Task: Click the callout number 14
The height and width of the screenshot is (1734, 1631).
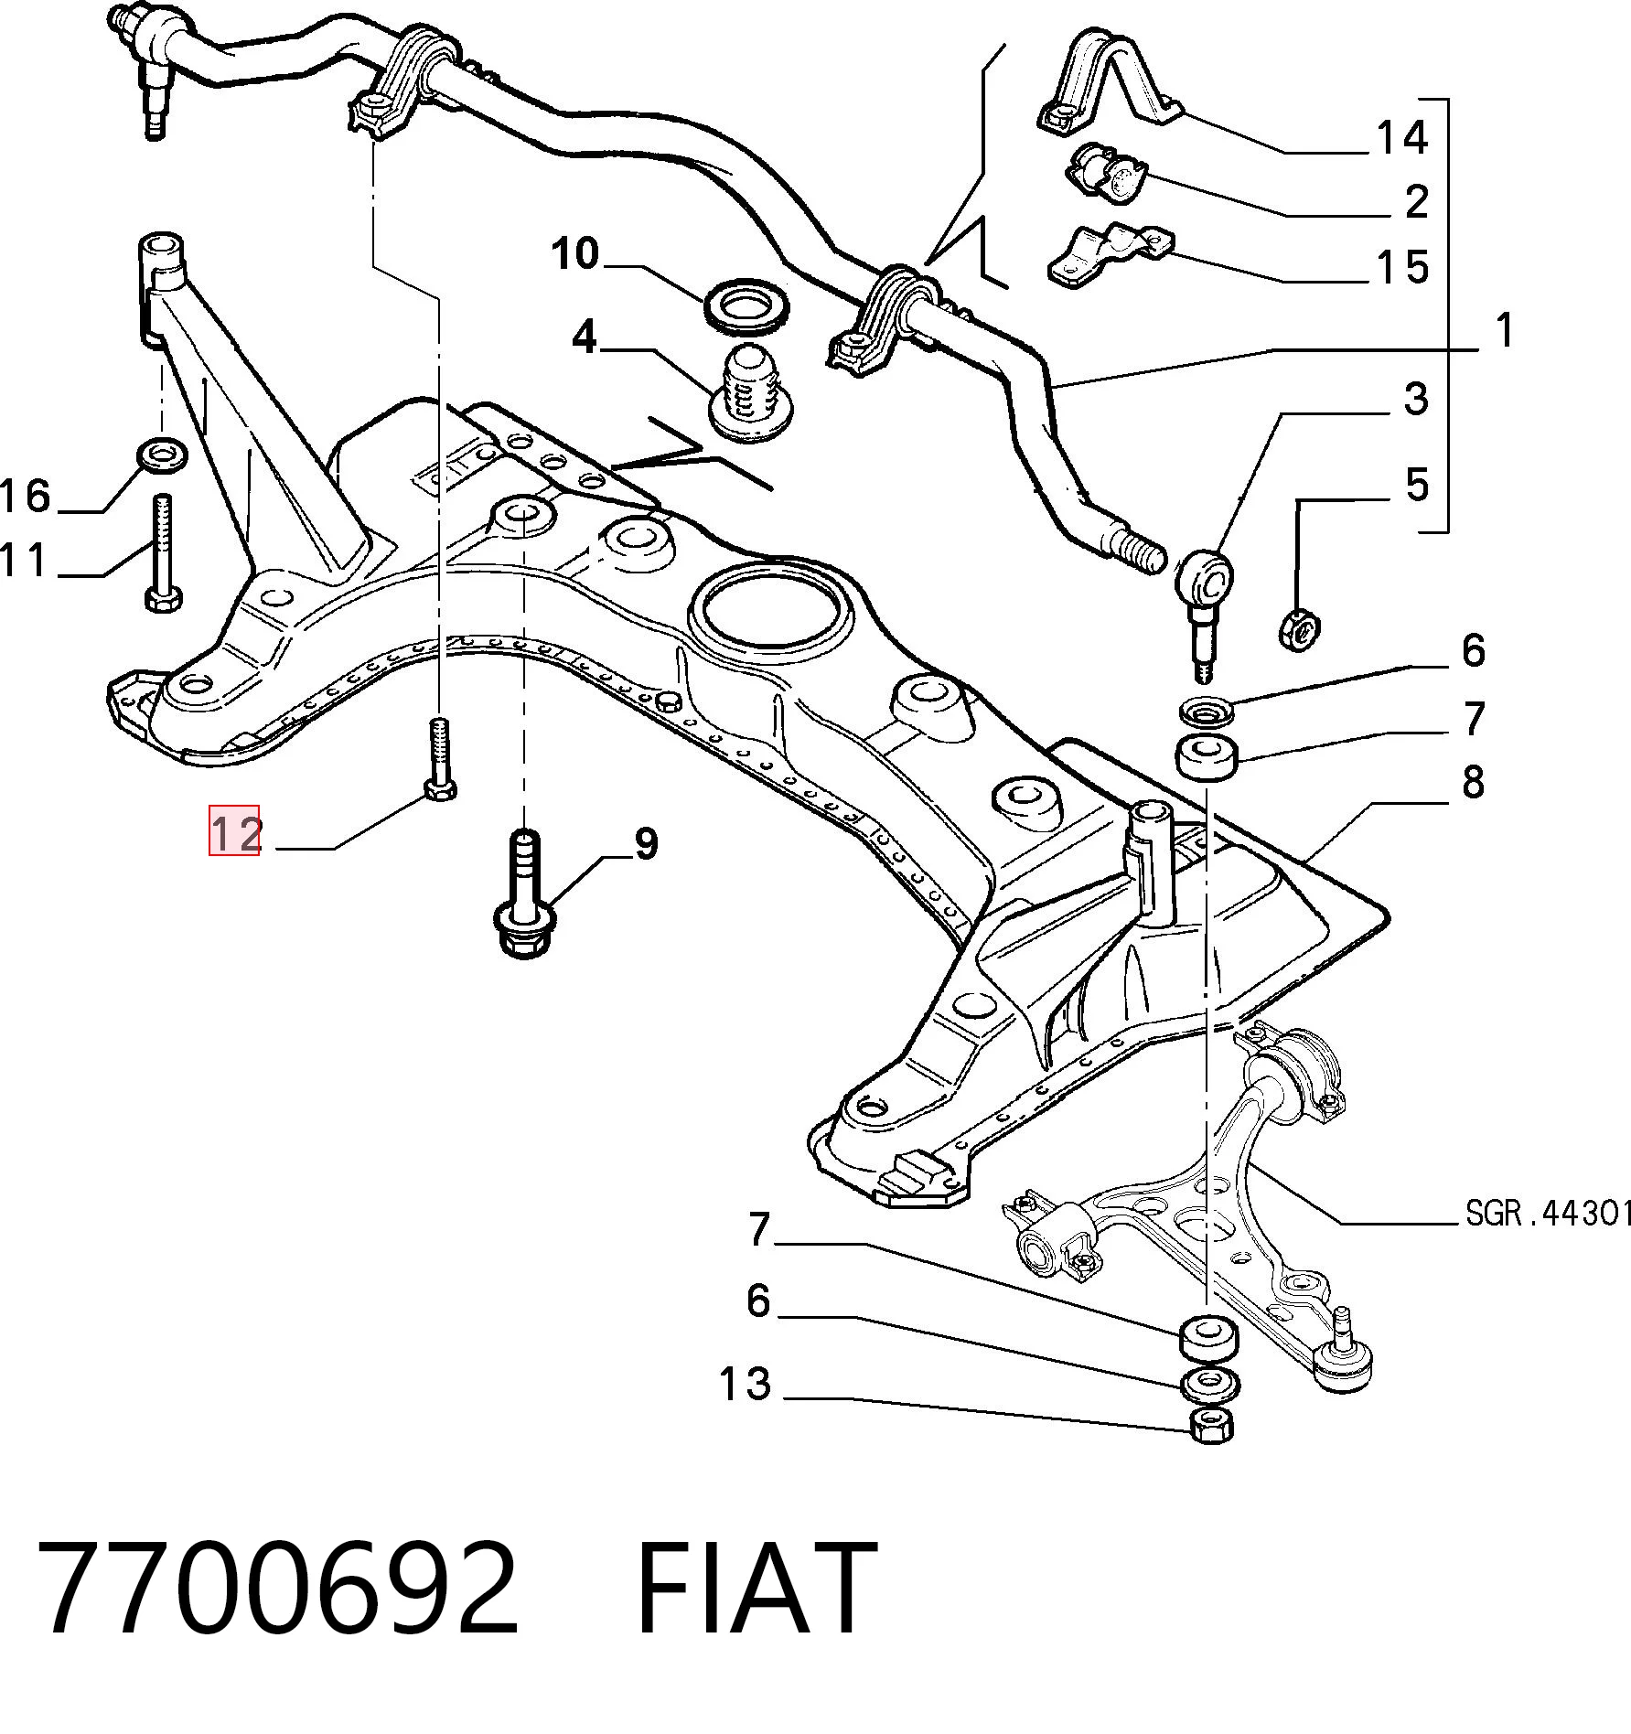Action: pos(1401,137)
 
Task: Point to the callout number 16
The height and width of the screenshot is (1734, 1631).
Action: pos(25,496)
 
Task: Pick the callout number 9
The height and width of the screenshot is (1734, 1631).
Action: pos(646,843)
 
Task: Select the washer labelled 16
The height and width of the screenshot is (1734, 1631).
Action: pos(162,453)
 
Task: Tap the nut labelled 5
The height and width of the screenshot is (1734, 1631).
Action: pos(1299,629)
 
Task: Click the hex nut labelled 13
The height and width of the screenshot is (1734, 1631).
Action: pos(1212,1449)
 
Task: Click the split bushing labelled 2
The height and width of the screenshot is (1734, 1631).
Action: pos(1106,173)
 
